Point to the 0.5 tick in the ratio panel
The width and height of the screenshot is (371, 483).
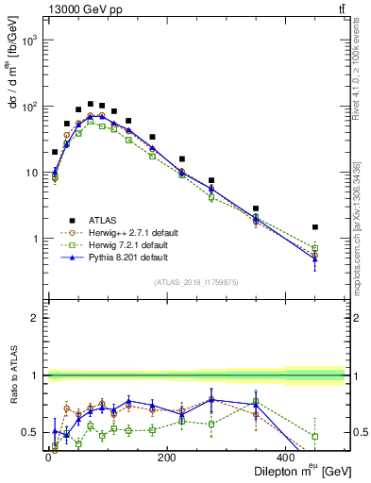[30, 433]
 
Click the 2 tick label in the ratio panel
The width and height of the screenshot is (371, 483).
[35, 318]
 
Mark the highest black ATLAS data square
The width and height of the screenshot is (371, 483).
[91, 104]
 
